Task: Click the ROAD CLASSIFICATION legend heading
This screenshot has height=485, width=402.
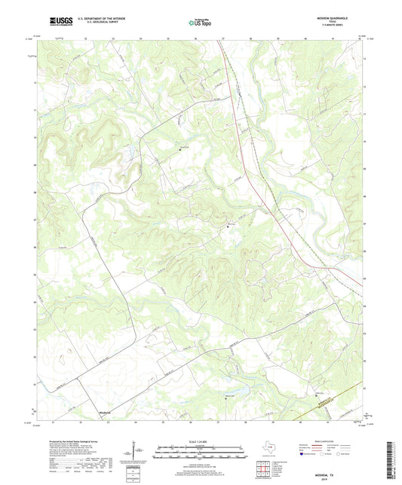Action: pos(330,442)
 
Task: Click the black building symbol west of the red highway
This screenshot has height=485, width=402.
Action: pos(229,224)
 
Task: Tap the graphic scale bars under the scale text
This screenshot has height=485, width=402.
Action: pos(200,453)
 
